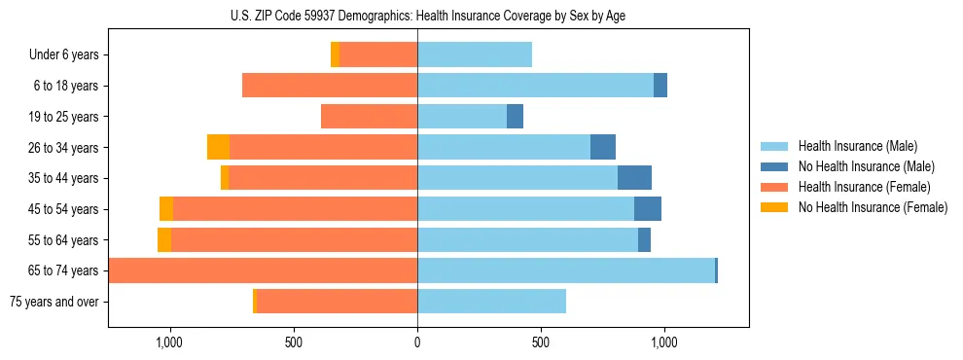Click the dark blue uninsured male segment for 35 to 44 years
(x=634, y=178)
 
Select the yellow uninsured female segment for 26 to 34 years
(x=218, y=147)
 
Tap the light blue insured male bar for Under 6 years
(x=475, y=54)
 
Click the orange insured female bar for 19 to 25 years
(x=369, y=117)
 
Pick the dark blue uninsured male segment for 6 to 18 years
(x=660, y=86)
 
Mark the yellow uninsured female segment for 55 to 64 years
(x=164, y=239)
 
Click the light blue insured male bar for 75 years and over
(x=491, y=302)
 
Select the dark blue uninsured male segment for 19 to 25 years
(x=515, y=117)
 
